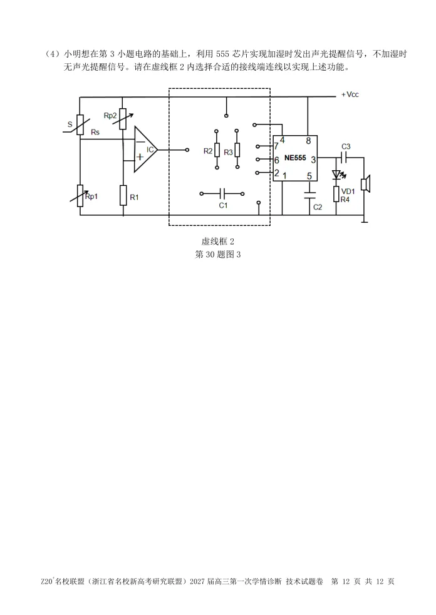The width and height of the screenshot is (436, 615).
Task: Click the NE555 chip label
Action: coord(296,158)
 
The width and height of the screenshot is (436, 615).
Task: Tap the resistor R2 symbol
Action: coord(217,150)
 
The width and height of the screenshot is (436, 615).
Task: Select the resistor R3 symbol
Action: coord(237,150)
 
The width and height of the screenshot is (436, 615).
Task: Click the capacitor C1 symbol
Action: coord(222,193)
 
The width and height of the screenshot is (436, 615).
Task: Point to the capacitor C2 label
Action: coord(318,207)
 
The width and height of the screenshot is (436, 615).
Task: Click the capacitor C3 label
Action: coord(346,146)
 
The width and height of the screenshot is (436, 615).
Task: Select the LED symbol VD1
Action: coord(336,175)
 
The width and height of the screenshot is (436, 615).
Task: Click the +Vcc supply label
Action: coord(350,94)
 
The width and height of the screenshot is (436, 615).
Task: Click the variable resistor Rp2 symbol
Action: coord(123,119)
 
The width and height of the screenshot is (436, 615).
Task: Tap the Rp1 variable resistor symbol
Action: coord(80,196)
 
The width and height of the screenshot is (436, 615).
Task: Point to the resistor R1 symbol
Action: coord(123,195)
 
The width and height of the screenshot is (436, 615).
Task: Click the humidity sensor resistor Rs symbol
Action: coord(80,125)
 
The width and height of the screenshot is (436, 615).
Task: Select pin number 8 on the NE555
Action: coord(308,141)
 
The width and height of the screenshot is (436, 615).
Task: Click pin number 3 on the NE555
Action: coord(313,160)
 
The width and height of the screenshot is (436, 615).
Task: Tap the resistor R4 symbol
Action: coord(336,194)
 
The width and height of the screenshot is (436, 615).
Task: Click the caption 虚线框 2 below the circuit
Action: coord(218,241)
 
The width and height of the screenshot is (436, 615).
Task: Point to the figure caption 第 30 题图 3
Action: coord(218,255)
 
